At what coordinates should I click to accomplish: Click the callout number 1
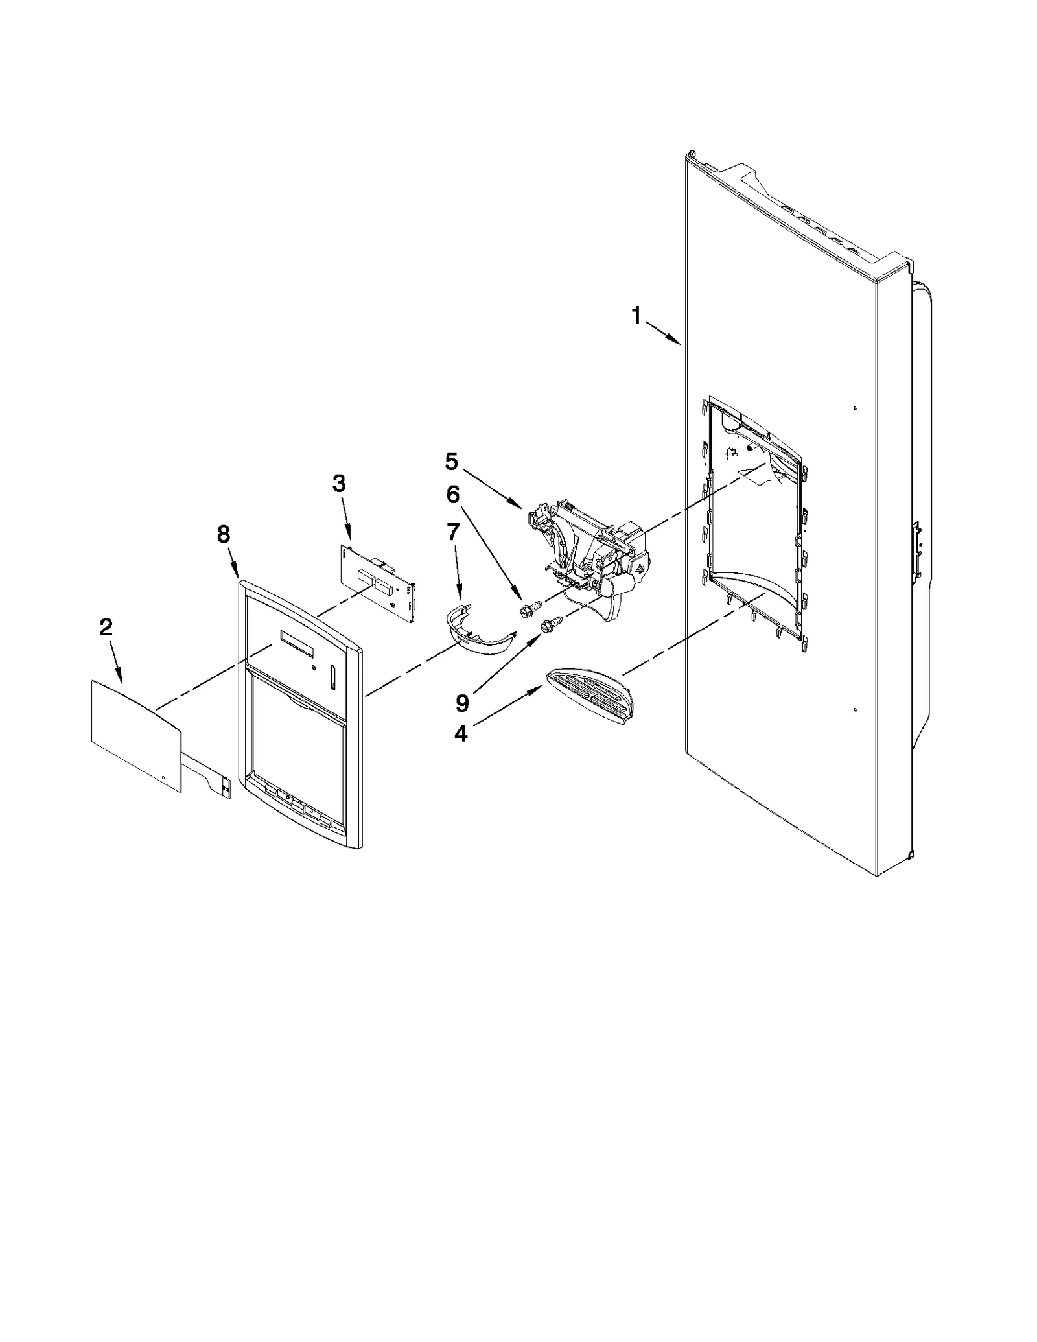click(x=636, y=316)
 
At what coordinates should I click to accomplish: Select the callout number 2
click(x=106, y=627)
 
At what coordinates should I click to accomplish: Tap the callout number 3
click(x=339, y=483)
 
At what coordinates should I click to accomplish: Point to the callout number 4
click(x=461, y=733)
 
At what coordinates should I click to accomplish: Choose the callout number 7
click(x=453, y=532)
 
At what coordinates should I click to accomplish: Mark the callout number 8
click(x=223, y=534)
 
